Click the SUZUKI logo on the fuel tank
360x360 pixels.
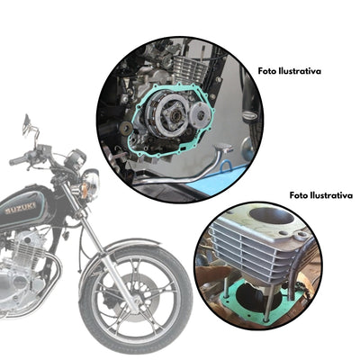point(22,206)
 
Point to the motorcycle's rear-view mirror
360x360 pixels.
point(26,121)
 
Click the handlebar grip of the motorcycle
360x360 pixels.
point(17,160)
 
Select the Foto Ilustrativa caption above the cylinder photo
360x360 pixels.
point(319,195)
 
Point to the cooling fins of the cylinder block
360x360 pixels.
point(243,261)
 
